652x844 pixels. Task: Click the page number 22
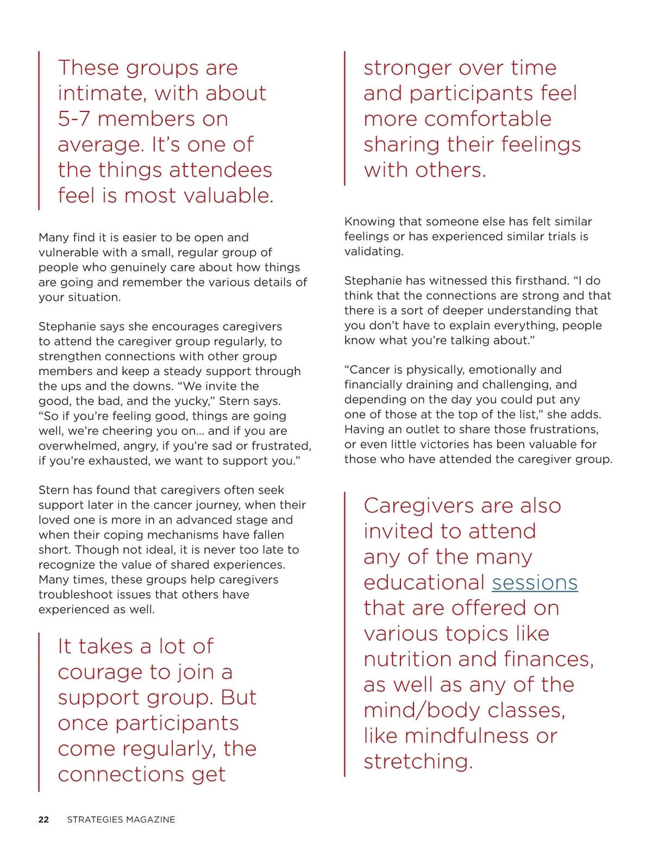[43, 820]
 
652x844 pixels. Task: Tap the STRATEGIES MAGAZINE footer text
[121, 820]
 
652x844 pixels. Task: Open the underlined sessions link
[535, 583]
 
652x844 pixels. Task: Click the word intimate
[101, 93]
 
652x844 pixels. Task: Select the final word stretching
[417, 761]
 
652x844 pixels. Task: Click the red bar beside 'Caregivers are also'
[344, 634]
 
